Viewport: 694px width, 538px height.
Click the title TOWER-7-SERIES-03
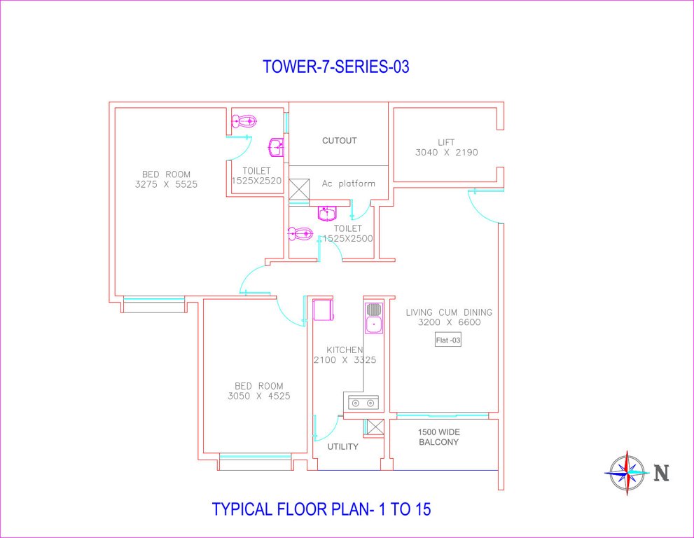pos(335,67)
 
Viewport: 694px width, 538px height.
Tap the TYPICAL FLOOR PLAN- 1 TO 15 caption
pos(321,509)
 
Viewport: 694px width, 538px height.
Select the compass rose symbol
pos(627,473)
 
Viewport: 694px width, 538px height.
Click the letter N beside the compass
pos(661,474)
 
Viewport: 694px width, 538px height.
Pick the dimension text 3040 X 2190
pos(446,152)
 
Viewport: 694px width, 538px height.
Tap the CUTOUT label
pos(339,141)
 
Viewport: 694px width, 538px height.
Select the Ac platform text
pos(348,184)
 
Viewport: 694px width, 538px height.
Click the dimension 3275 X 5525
pos(166,185)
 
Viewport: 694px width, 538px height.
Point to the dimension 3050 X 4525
pos(258,396)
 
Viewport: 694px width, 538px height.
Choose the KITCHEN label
pos(345,350)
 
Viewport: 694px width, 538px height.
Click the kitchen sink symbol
pos(374,317)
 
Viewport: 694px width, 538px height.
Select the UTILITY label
pos(343,446)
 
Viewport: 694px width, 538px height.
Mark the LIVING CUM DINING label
pos(449,312)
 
